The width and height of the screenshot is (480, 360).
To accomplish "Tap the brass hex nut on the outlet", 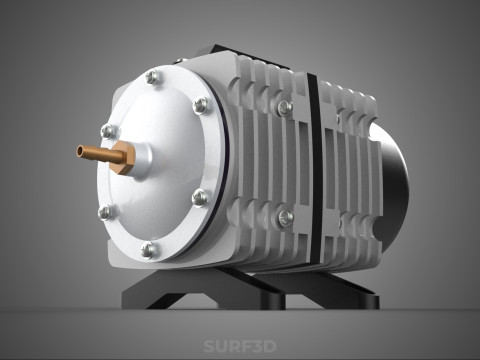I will pos(122,157).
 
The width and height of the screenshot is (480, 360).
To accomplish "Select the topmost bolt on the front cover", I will pos(152,77).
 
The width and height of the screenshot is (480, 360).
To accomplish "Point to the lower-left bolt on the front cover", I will pos(106,212).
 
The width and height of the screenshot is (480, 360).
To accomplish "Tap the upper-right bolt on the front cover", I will pos(202,105).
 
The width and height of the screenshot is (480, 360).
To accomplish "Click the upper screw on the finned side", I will pos(285,107).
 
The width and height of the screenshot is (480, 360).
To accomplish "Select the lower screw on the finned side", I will pos(285,217).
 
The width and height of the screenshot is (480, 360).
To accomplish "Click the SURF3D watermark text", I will pos(239,347).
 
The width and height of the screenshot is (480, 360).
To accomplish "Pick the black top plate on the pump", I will pos(250,52).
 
